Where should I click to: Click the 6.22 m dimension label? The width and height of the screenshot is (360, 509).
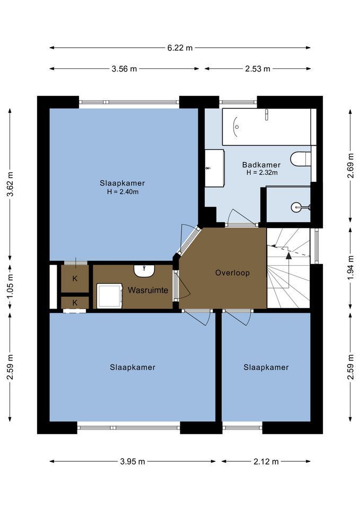[180, 48]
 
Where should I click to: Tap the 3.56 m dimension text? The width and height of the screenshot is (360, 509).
[124, 69]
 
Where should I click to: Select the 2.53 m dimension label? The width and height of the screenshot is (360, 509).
[258, 69]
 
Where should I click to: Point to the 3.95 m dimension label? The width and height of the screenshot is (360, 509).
[133, 461]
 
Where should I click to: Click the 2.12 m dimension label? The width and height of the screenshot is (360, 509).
[266, 461]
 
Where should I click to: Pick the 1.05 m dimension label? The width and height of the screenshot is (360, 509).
[11, 287]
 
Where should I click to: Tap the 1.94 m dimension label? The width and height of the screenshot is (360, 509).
[350, 268]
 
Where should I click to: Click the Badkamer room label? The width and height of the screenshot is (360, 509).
[261, 164]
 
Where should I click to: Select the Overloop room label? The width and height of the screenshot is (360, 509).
[232, 273]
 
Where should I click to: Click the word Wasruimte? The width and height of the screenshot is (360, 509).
[148, 290]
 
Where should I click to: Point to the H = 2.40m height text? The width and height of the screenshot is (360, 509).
[122, 192]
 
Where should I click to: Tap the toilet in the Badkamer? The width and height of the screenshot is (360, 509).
[301, 159]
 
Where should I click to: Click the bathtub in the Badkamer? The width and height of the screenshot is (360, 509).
[267, 127]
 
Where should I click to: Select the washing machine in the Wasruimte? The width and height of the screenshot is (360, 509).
[110, 296]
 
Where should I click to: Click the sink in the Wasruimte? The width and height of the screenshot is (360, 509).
[144, 271]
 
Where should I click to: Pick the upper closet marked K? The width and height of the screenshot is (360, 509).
[75, 278]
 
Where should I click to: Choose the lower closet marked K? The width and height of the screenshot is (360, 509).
[75, 303]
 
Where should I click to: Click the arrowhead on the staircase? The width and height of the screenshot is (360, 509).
[288, 256]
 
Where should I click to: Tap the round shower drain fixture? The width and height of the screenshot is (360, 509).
[295, 207]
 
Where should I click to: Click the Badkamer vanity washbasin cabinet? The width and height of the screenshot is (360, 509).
[215, 168]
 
